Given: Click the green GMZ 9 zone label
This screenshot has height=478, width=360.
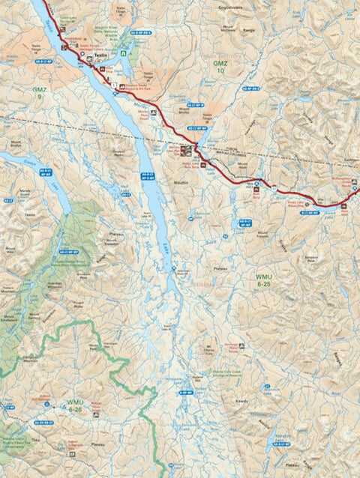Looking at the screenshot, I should tap(39, 92).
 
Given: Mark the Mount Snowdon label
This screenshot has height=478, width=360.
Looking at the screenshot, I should tap(111, 242).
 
